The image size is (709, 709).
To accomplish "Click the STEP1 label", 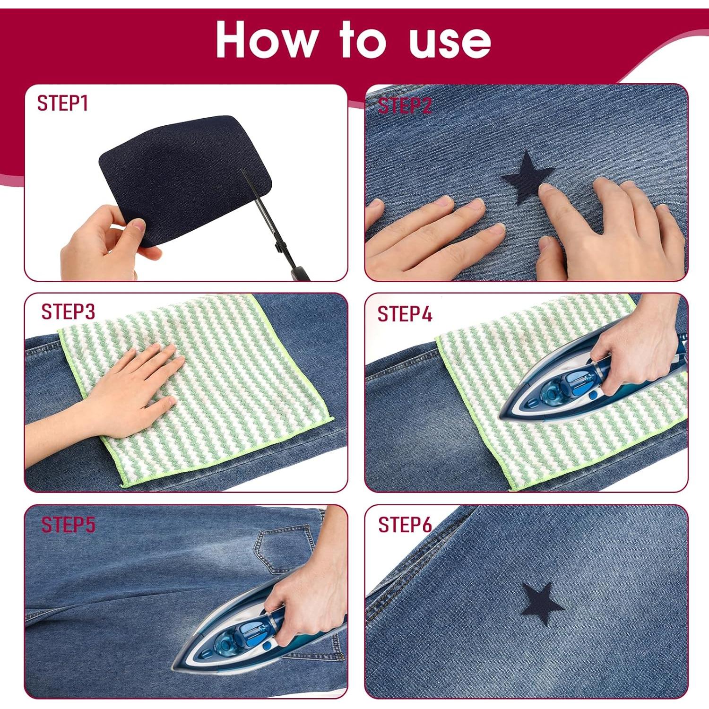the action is pyautogui.click(x=63, y=104).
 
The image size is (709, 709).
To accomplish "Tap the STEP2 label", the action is pyautogui.click(x=405, y=106).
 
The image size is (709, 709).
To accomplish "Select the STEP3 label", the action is pyautogui.click(x=68, y=312).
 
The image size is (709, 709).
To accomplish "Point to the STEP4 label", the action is pyautogui.click(x=405, y=314).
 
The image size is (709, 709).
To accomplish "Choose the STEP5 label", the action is pyautogui.click(x=68, y=525).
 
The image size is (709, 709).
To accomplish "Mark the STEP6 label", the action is pyautogui.click(x=405, y=525).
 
